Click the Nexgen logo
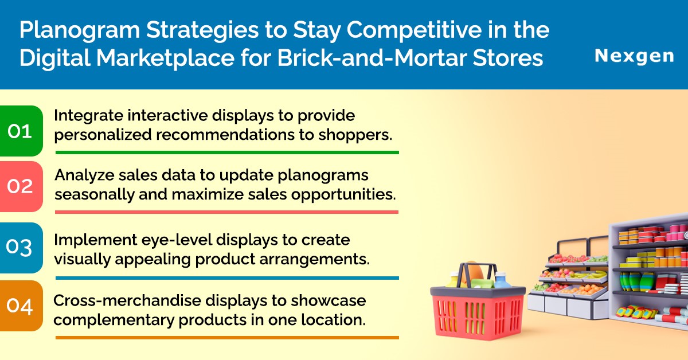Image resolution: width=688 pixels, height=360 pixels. pyautogui.click(x=634, y=57)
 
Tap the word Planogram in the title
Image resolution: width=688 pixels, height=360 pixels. pyautogui.click(x=80, y=31)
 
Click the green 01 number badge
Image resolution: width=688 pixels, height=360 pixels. pyautogui.click(x=21, y=131)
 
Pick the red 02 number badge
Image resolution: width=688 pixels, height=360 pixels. pyautogui.click(x=21, y=186)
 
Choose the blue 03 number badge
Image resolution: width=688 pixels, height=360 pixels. pyautogui.click(x=21, y=248)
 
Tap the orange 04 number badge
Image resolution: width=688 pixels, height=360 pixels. pyautogui.click(x=21, y=306)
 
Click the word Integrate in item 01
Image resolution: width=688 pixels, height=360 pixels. pyautogui.click(x=88, y=116)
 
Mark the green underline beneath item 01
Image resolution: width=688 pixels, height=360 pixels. pyautogui.click(x=227, y=152)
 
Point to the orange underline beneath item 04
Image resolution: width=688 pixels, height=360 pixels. pyautogui.click(x=227, y=338)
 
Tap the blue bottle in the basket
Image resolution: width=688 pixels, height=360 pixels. pyautogui.click(x=501, y=280)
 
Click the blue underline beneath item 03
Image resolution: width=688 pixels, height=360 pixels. pyautogui.click(x=227, y=278)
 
